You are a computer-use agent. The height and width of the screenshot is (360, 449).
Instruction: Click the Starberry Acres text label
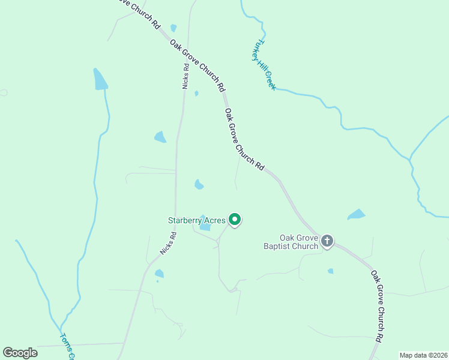(x=196, y=220)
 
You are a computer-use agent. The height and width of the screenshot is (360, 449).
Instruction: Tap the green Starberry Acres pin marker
(x=235, y=220)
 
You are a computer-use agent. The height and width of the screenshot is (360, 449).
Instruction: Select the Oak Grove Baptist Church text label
(x=291, y=242)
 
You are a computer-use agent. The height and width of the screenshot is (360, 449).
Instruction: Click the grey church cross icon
(x=327, y=241)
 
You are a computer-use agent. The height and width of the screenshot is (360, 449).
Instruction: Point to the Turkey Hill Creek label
(x=264, y=65)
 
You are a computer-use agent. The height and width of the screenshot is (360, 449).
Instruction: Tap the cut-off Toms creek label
(x=67, y=347)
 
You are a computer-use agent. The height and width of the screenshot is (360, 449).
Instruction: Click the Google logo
(x=20, y=353)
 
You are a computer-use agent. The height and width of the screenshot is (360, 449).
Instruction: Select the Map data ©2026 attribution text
(x=423, y=355)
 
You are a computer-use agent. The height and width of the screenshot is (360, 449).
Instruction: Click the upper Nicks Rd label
(x=186, y=76)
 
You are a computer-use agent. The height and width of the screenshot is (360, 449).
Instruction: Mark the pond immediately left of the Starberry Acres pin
(x=205, y=223)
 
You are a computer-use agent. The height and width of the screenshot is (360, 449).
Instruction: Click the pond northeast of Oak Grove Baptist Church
(x=357, y=214)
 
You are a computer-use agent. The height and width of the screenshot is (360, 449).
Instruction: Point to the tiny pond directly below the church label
(x=331, y=271)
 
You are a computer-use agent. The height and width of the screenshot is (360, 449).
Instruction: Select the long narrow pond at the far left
(x=100, y=79)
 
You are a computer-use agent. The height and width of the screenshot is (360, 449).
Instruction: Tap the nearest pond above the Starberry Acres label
(x=199, y=184)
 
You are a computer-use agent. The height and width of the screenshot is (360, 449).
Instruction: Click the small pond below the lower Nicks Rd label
(x=159, y=274)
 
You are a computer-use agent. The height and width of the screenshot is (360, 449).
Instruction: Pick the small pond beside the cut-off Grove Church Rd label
(x=173, y=28)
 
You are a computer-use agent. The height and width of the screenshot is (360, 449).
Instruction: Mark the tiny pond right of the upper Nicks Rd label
(x=196, y=93)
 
